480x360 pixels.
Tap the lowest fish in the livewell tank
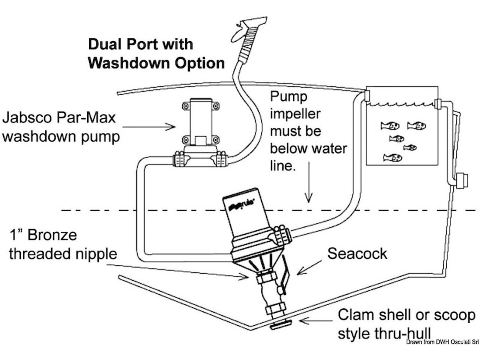[x=392, y=157]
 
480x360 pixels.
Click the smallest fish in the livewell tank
[x=410, y=147]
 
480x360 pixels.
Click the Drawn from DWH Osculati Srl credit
[x=442, y=342]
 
